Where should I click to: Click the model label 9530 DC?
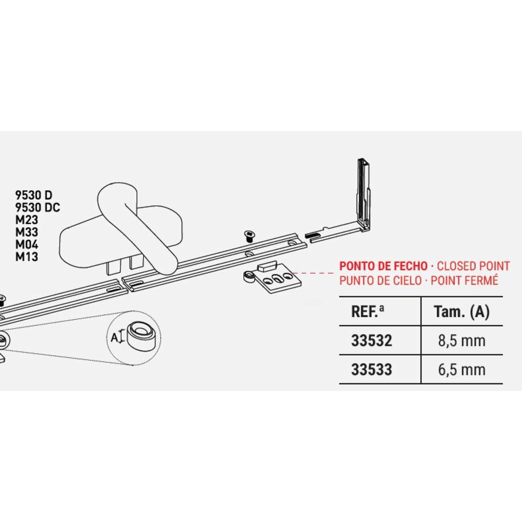coord(38,207)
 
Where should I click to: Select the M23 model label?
coord(27,220)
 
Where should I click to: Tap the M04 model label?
coord(27,245)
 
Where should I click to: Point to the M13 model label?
coord(27,257)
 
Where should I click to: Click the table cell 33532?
coord(372,341)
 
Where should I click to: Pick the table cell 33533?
coord(372,370)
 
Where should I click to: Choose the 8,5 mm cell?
coord(462,341)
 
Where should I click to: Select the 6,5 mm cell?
coord(462,370)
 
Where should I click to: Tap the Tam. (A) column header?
coord(461,311)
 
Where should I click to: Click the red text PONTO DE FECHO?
coord(384,266)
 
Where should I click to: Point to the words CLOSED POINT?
coord(474,266)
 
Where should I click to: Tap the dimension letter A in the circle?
coord(114,337)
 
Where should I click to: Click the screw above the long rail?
coord(249,235)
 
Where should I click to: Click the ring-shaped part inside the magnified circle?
coord(140,335)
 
